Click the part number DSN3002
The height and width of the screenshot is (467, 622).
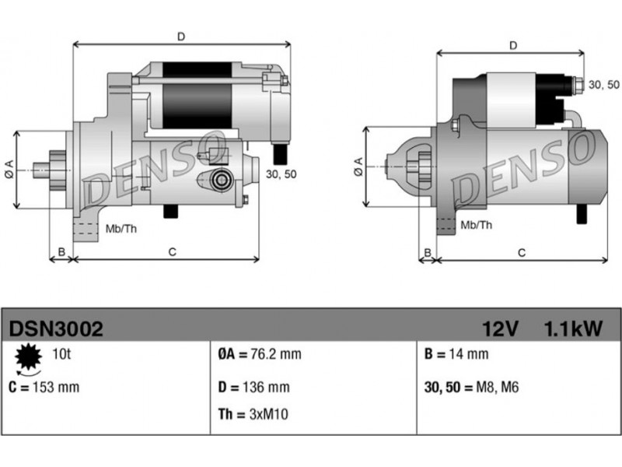point(56,328)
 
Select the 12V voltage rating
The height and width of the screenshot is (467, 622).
point(500,328)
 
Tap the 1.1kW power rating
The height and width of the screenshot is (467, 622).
point(573,328)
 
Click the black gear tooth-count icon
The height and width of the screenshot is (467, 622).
point(29,357)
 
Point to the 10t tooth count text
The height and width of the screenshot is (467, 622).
point(61,353)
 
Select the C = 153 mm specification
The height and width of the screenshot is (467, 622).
point(44,387)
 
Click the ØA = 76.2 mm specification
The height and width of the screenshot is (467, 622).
point(260,354)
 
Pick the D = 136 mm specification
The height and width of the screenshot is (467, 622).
point(254,387)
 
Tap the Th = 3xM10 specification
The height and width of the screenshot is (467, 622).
point(253,414)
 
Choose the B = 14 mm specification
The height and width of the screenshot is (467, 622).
point(456,354)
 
